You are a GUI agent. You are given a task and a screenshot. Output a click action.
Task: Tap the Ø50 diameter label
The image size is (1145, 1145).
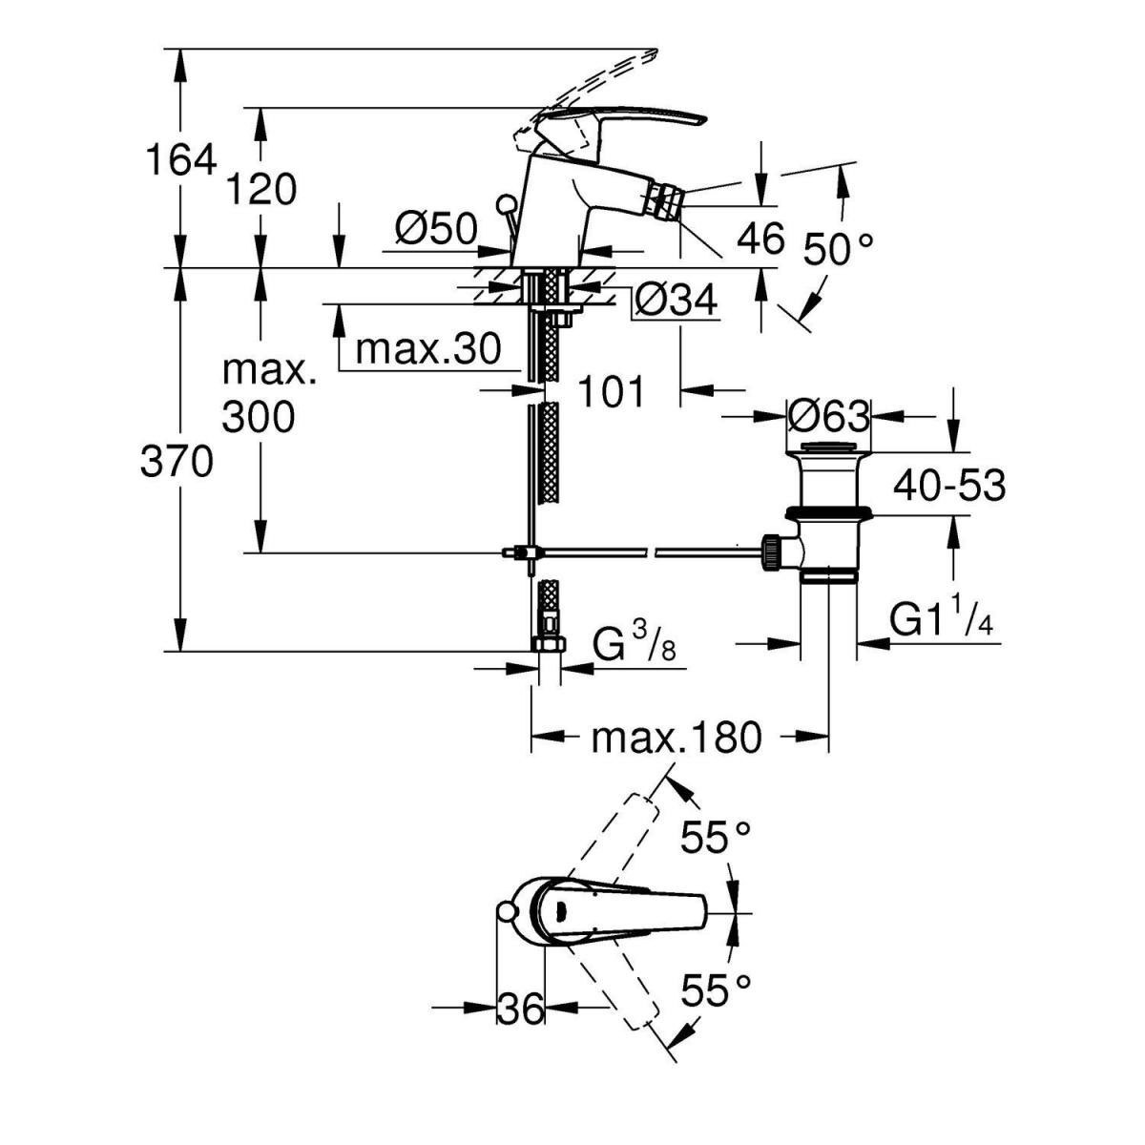[x=435, y=229]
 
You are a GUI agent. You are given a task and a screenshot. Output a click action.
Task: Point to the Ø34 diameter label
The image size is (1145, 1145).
[x=676, y=302]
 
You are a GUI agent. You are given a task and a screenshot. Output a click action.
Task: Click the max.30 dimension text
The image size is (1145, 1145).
[x=427, y=350]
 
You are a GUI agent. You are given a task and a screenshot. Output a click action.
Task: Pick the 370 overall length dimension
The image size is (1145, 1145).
[x=177, y=463]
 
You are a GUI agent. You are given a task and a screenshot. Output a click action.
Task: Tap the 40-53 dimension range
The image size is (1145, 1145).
[x=948, y=487]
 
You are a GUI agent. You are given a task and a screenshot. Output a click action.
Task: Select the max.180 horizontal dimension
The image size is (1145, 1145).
[x=677, y=737]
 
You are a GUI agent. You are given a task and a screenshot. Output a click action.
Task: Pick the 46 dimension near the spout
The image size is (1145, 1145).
[x=760, y=238]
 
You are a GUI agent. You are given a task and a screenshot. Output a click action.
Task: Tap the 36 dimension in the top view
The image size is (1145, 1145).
[x=520, y=1009]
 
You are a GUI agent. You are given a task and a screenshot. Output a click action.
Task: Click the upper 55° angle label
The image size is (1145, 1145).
[x=716, y=839]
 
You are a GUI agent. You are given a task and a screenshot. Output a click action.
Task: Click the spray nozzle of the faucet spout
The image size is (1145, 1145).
[x=664, y=202]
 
